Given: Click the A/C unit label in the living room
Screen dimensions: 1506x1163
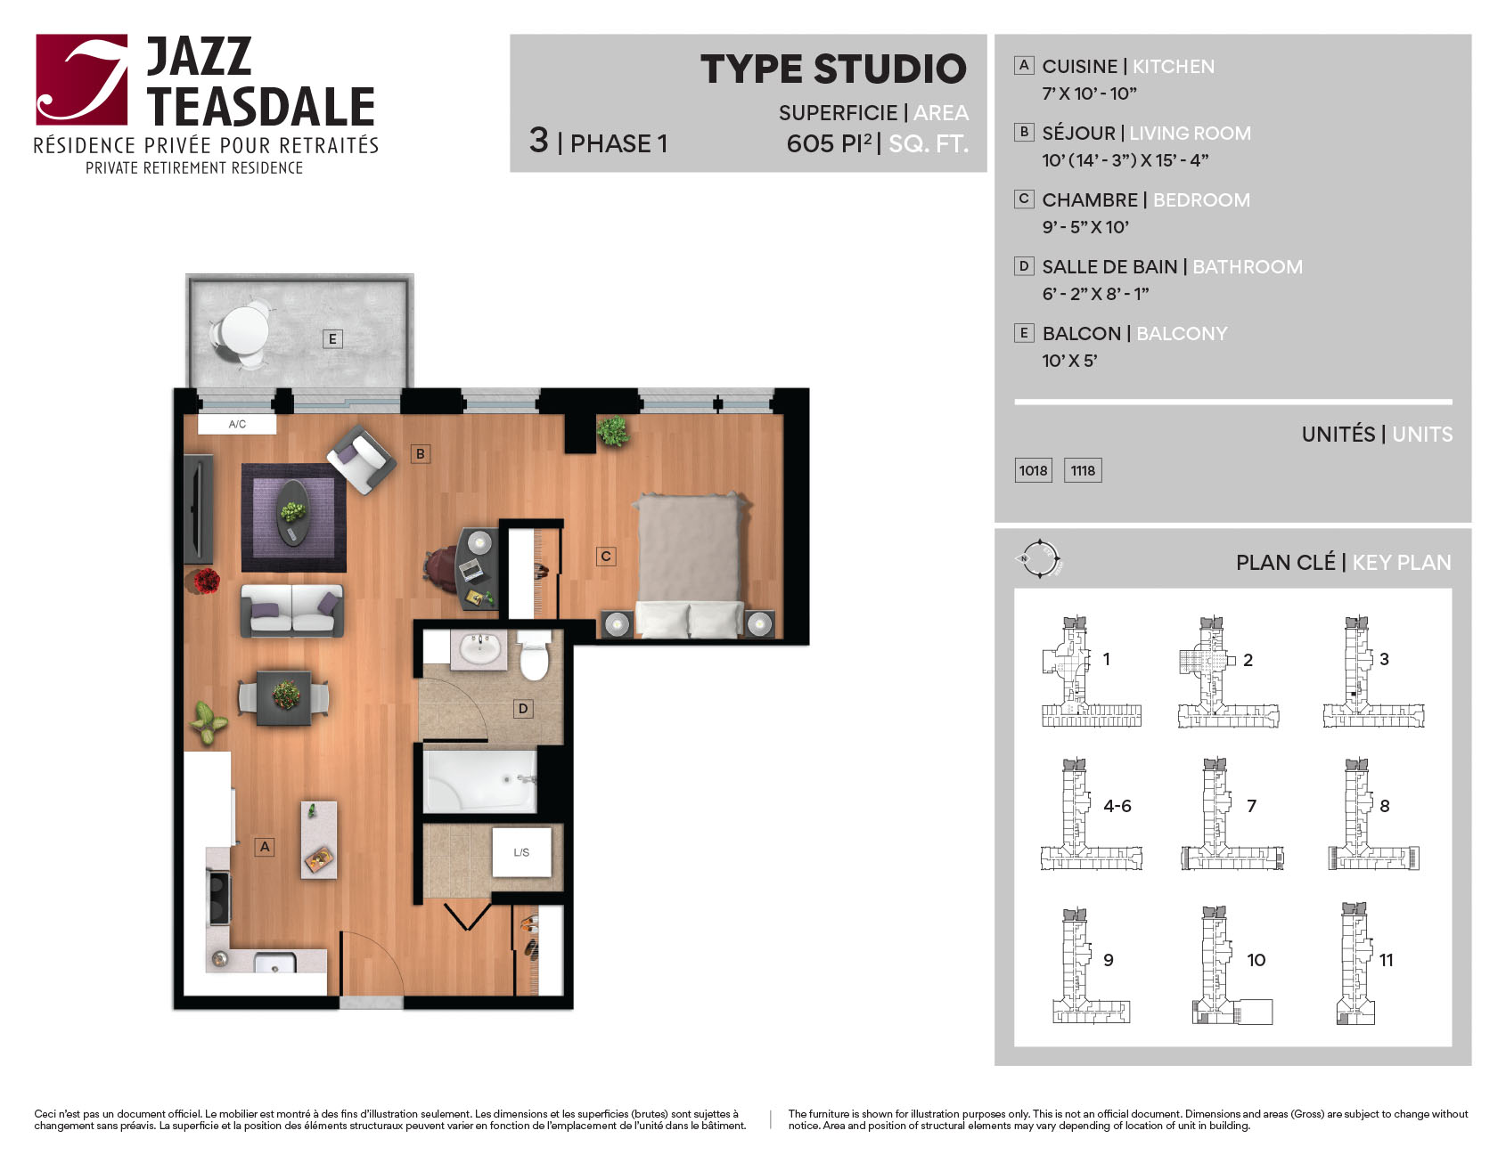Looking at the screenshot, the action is (x=237, y=424).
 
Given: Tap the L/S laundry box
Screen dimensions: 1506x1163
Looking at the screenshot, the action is (x=521, y=852).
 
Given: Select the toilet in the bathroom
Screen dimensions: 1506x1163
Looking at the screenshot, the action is (x=534, y=656).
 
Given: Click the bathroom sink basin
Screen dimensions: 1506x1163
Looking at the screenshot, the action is (x=480, y=649).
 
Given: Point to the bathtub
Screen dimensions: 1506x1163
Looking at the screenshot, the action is (x=480, y=781).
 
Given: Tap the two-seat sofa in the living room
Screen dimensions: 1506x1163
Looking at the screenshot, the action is (x=291, y=610).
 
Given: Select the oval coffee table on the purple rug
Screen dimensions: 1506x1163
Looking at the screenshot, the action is (x=293, y=512).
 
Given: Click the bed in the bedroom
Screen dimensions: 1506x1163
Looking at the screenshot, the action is (x=689, y=565).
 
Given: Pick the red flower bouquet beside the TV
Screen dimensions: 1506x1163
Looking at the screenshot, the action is (x=206, y=581).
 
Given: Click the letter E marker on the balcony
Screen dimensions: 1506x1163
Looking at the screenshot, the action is (x=332, y=338).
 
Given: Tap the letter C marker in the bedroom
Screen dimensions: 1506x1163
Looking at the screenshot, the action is (x=606, y=557).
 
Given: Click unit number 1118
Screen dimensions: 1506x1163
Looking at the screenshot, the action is (x=1083, y=470).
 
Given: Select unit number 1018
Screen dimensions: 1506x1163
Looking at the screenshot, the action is (x=1034, y=470).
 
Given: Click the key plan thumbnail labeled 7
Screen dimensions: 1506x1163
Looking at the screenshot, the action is (x=1232, y=814).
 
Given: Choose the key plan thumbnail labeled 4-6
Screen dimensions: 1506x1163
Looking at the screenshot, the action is (x=1092, y=814).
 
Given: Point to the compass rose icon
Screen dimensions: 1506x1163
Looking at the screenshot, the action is (x=1039, y=559).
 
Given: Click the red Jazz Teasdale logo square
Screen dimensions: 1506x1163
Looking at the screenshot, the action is (x=82, y=79).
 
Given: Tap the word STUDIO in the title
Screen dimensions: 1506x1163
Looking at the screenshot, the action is (x=889, y=69).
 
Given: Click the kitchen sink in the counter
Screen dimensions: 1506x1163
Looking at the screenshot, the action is (x=274, y=964).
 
